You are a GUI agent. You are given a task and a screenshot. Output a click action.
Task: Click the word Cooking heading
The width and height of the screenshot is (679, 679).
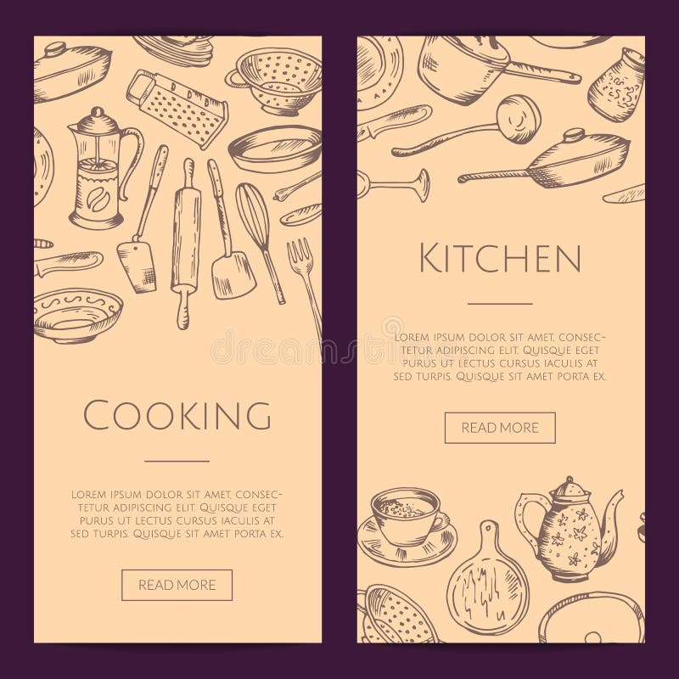[177, 416]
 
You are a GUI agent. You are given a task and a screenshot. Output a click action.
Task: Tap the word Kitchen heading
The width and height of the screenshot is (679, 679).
[501, 257]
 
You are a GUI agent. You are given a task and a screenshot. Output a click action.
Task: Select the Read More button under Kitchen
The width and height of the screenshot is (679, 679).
[500, 428]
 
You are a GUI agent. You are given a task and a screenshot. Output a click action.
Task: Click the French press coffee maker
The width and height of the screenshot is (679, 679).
[100, 170]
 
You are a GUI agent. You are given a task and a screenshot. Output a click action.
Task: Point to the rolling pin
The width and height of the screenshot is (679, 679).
[184, 242]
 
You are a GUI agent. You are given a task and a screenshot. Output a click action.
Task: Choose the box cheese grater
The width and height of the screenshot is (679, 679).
[177, 109]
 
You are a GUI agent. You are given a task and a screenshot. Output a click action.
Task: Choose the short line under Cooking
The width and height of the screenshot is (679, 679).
[177, 461]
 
